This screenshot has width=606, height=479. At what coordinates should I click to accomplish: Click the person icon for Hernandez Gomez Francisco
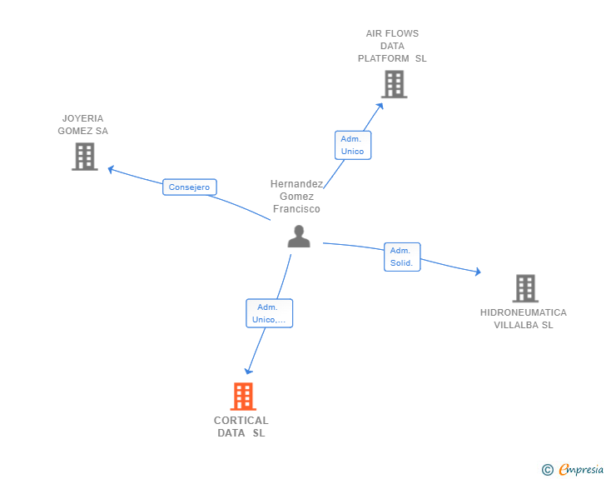[x=298, y=237]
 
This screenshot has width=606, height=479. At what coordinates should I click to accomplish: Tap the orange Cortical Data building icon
[x=242, y=397]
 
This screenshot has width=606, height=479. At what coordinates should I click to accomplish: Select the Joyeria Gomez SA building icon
[x=84, y=157]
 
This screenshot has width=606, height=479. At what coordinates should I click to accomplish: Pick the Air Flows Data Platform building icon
[x=394, y=84]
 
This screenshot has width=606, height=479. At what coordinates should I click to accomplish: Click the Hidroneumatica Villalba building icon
[x=524, y=288]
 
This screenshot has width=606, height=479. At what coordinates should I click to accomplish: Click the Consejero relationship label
[x=189, y=187]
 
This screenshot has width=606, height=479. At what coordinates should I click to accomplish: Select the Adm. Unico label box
[x=352, y=145]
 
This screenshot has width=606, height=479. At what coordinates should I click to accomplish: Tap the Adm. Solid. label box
[x=401, y=257]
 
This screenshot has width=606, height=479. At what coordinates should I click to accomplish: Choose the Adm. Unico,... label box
[x=269, y=313]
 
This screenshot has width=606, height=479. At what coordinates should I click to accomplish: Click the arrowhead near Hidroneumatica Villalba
[x=477, y=272]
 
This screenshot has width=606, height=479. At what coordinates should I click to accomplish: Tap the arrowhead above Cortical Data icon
[x=247, y=371]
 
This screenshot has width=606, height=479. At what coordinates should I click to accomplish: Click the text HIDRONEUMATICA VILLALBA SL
[x=523, y=319]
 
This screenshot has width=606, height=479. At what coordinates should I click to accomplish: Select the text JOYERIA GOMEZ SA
[x=82, y=125]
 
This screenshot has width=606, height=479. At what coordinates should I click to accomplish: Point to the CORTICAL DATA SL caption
[x=241, y=427]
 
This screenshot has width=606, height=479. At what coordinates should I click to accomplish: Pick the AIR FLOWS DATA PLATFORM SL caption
[x=392, y=47]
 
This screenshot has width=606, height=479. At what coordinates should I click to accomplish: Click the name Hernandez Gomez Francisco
[x=296, y=197]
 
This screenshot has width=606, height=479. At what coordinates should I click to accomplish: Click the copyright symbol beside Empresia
[x=547, y=470]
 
